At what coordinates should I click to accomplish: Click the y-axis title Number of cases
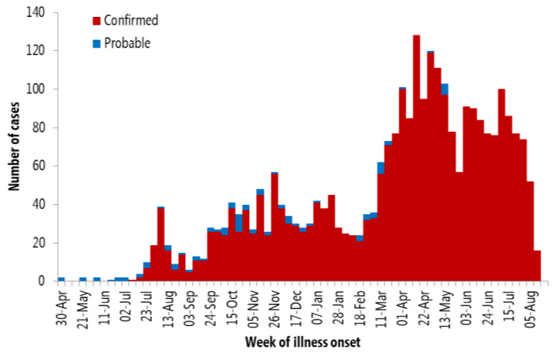click(14, 146)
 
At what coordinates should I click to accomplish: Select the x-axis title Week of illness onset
click(299, 341)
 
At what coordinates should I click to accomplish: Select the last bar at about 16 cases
click(537, 266)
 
